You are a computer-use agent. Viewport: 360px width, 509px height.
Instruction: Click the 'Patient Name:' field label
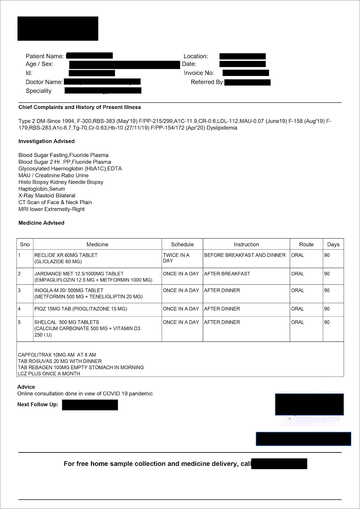pos(45,56)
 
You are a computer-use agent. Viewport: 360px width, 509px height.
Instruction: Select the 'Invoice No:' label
pos(199,73)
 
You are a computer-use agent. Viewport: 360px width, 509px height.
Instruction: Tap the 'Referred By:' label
pos(207,82)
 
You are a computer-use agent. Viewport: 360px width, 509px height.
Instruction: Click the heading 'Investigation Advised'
pos(46,141)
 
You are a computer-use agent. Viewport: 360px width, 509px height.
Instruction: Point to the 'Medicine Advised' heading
pos(41,223)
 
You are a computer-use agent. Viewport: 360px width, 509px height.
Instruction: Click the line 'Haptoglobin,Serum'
pos(42,189)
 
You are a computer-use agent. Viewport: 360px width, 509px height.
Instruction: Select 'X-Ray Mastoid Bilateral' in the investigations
pos(47,195)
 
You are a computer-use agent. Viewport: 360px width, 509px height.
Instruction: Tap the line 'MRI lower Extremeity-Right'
pos(52,209)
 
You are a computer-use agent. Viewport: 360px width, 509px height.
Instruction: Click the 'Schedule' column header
pos(182,244)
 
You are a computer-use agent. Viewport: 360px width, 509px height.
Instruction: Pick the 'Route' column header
pos(306,244)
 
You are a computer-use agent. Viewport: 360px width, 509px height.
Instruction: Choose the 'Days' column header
pos(333,244)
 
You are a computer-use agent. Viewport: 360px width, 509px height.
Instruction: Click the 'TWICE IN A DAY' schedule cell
pos(176,258)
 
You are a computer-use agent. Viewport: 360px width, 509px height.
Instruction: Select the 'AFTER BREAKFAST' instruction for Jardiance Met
pos(227,274)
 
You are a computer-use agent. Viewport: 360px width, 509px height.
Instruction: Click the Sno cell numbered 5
pos(19,322)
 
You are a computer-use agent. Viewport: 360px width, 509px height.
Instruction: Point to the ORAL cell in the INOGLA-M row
pos(298,290)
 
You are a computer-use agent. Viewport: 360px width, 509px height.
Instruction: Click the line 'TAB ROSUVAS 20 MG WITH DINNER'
pos(60,361)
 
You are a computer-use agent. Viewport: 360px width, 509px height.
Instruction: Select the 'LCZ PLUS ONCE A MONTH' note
pos(49,374)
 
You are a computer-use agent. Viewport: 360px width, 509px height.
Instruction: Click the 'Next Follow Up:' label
pos(38,404)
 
